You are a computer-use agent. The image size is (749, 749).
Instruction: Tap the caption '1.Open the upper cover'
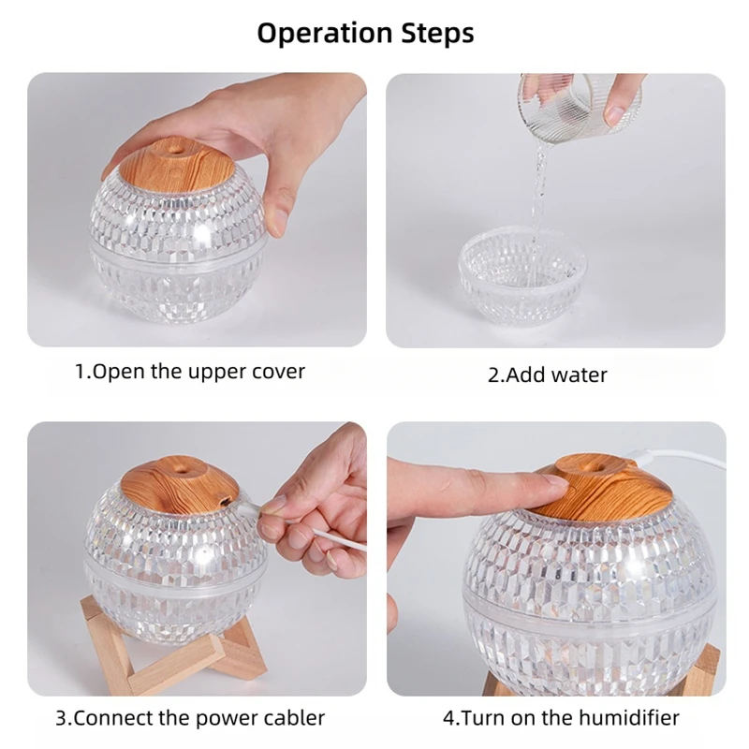[x=190, y=371]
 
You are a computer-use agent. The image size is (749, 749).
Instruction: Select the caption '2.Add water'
[x=548, y=375]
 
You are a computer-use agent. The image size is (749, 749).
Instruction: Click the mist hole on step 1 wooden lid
[x=175, y=148]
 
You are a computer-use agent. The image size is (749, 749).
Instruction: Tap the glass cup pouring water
[x=580, y=101]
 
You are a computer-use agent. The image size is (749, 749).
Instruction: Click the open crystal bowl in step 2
[x=521, y=267]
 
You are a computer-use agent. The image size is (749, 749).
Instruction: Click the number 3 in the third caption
[x=60, y=719]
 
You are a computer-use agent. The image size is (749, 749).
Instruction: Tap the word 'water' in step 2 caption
[x=579, y=375]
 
